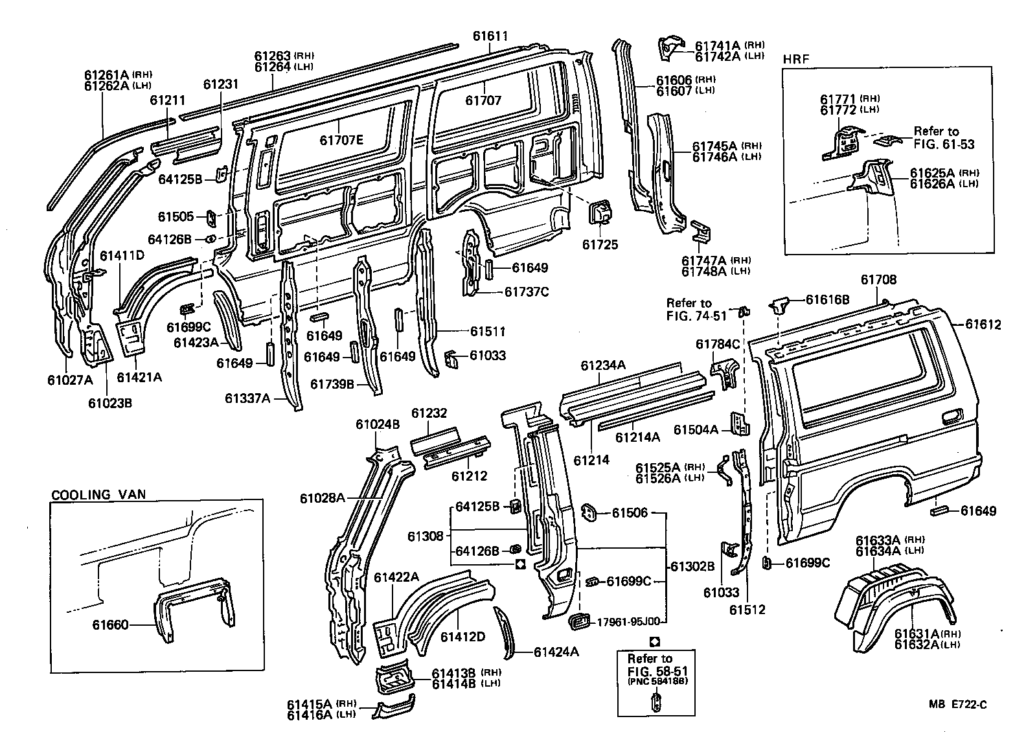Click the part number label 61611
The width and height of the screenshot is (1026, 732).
click(489, 37)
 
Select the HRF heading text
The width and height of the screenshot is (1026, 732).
click(797, 59)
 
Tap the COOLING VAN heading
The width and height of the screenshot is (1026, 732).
click(98, 494)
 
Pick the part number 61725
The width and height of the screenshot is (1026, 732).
click(600, 244)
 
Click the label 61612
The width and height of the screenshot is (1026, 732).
click(983, 325)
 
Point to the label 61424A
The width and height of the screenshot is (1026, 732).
click(556, 652)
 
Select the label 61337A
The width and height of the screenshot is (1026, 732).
click(247, 398)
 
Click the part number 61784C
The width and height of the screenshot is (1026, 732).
click(718, 344)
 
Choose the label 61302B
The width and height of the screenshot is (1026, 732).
click(692, 566)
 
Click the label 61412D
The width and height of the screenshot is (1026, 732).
click(462, 637)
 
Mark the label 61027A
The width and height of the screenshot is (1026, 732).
click(70, 380)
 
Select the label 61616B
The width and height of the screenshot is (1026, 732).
click(827, 299)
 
